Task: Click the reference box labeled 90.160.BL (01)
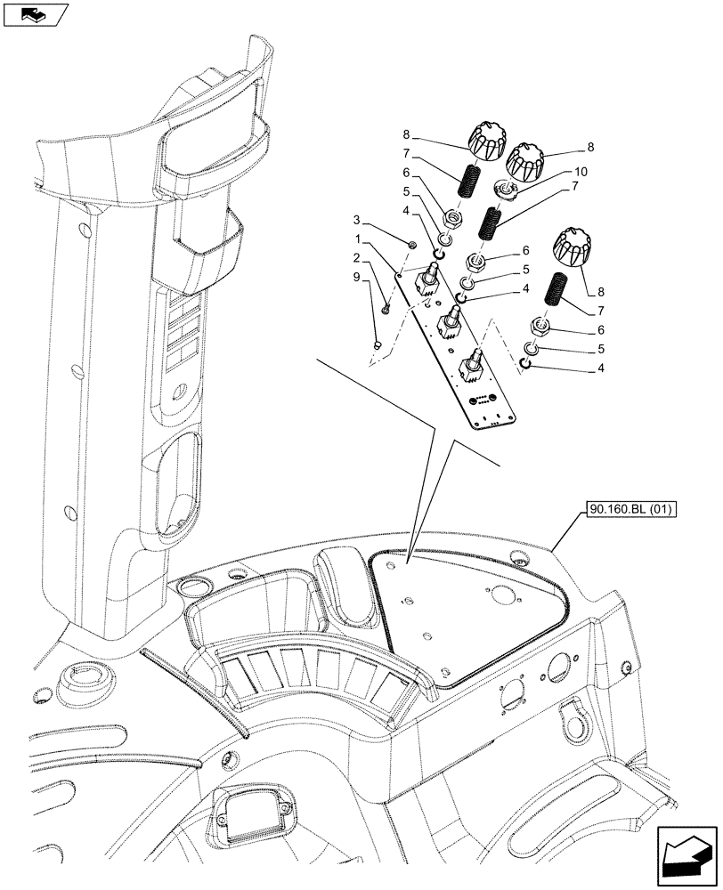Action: point(631,510)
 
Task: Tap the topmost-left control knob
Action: point(485,144)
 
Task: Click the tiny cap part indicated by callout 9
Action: point(377,341)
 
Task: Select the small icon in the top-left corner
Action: point(36,15)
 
